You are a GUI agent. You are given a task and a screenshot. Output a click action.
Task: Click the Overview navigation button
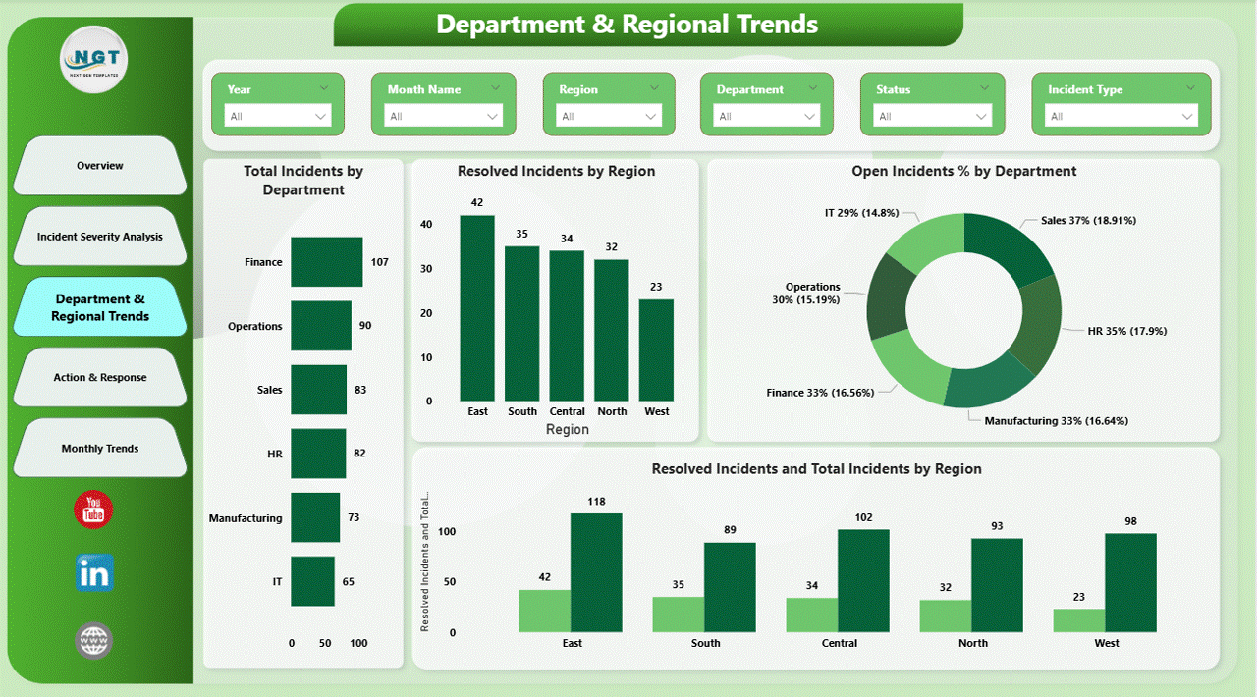(x=100, y=166)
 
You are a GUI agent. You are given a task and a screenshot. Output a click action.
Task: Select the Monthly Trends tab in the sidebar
(x=100, y=449)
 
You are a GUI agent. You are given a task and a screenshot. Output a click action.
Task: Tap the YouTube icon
(x=94, y=509)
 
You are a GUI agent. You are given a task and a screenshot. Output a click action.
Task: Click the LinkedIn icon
(x=94, y=573)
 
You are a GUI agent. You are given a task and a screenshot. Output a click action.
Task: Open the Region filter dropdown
(x=609, y=116)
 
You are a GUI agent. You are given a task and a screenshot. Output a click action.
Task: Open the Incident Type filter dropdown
(x=1120, y=116)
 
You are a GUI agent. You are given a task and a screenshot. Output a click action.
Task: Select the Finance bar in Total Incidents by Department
(x=326, y=262)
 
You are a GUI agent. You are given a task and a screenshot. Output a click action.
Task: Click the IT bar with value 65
(x=312, y=581)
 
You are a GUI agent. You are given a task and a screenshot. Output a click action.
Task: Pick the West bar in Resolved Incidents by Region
(x=656, y=349)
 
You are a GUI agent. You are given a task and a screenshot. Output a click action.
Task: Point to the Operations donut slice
(x=887, y=296)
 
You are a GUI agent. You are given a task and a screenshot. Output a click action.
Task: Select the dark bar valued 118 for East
(x=596, y=572)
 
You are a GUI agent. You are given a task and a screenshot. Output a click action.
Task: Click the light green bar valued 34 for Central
(x=811, y=615)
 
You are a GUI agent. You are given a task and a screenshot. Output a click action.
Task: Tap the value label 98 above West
(x=1130, y=521)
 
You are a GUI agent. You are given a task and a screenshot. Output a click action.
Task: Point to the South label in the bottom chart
(x=705, y=644)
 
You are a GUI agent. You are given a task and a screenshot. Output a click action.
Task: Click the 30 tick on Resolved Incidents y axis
(x=426, y=268)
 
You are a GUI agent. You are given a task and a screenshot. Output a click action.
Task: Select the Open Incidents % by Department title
(x=963, y=172)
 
